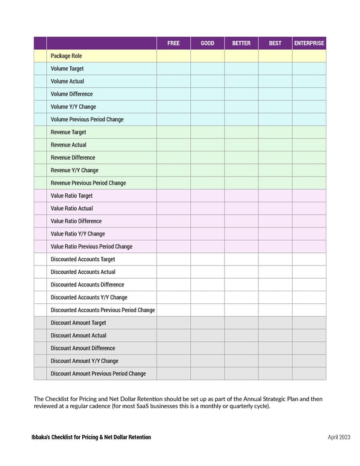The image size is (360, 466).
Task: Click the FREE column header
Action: pyautogui.click(x=173, y=43)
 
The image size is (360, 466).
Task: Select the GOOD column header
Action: pyautogui.click(x=208, y=43)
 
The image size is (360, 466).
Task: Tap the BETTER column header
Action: pyautogui.click(x=241, y=43)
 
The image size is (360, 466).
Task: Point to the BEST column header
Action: pyautogui.click(x=275, y=43)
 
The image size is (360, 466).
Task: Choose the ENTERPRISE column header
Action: pyautogui.click(x=309, y=43)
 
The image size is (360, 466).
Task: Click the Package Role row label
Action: pyautogui.click(x=67, y=56)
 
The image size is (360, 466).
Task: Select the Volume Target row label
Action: pyautogui.click(x=67, y=68)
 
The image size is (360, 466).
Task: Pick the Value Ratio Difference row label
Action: pyautogui.click(x=76, y=221)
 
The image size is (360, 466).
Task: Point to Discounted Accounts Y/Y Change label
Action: pyautogui.click(x=89, y=297)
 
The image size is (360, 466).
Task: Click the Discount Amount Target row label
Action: pyautogui.click(x=78, y=323)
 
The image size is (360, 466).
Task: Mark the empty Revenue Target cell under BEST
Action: pyautogui.click(x=275, y=132)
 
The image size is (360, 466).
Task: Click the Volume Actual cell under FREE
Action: pyautogui.click(x=173, y=81)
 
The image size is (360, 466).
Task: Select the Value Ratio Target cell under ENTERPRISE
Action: pyautogui.click(x=309, y=196)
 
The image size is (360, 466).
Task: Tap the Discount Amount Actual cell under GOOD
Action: pyautogui.click(x=208, y=336)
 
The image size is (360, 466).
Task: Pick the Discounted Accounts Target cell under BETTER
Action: pyautogui.click(x=241, y=259)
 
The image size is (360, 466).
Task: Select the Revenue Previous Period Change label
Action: pyautogui.click(x=88, y=183)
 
